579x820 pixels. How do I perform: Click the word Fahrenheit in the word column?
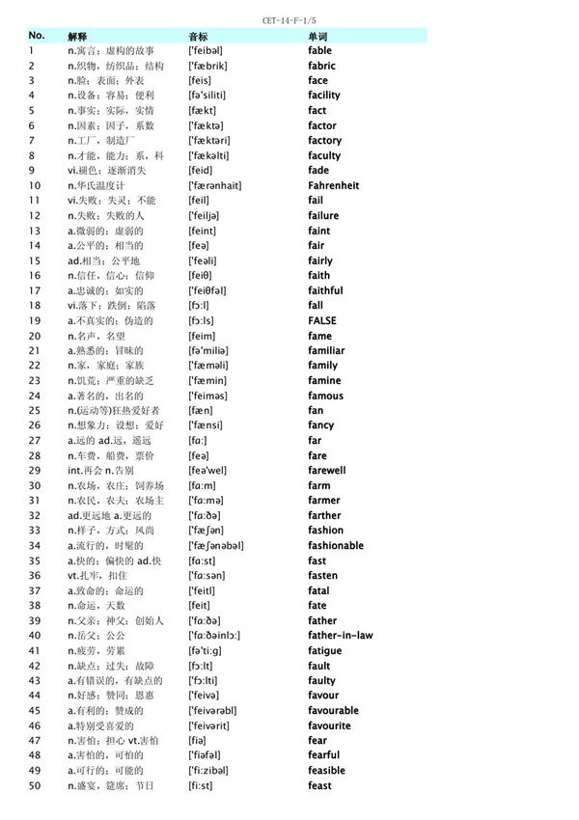pos(333,185)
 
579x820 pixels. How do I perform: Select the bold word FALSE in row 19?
pos(322,320)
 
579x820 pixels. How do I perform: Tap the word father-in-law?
pos(340,635)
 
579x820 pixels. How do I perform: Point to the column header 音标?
pos(198,36)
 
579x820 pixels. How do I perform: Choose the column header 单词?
pos(317,36)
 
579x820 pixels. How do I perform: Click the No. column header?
pos(37,35)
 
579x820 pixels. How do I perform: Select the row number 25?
pos(35,410)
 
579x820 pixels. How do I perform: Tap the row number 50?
pos(35,785)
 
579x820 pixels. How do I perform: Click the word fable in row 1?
pos(319,50)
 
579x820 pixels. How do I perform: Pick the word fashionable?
pos(336,545)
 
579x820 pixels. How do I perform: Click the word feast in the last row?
pos(319,785)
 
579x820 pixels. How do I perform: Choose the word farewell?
pos(326,470)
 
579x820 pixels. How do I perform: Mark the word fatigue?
pos(324,650)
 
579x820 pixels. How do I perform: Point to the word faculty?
pos(324,155)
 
